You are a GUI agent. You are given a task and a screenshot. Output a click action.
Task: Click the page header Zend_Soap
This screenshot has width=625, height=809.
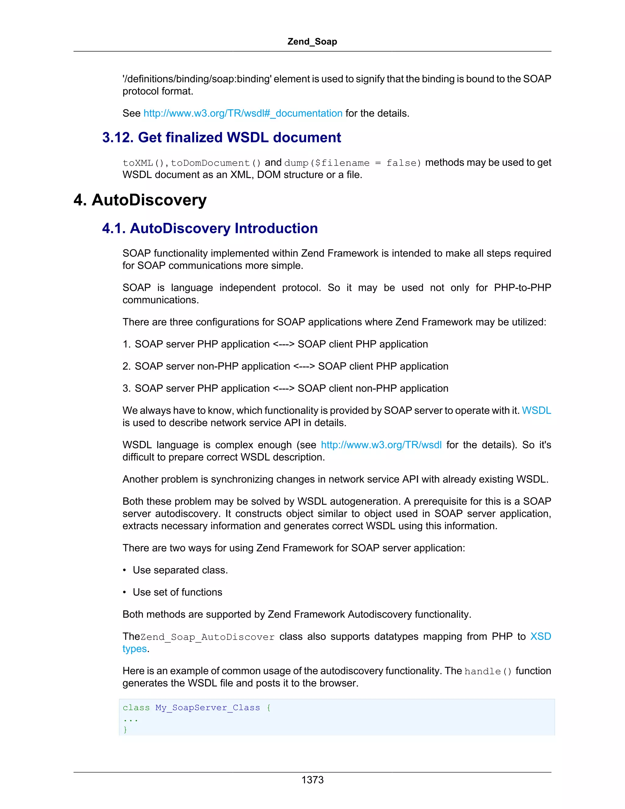pyautogui.click(x=312, y=42)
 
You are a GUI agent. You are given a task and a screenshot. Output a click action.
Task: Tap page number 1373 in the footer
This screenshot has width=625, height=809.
pyautogui.click(x=312, y=780)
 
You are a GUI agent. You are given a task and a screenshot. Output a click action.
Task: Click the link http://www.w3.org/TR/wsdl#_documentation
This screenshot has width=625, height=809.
pyautogui.click(x=243, y=113)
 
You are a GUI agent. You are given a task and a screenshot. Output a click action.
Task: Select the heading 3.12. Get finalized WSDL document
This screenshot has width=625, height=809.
pyautogui.click(x=222, y=137)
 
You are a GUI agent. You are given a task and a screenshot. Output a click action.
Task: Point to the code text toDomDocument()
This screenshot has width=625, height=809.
pyautogui.click(x=216, y=163)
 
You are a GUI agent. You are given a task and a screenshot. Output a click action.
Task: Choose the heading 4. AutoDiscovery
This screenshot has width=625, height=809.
pyautogui.click(x=140, y=200)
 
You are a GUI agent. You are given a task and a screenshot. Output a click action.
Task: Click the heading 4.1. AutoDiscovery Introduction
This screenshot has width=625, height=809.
pyautogui.click(x=210, y=229)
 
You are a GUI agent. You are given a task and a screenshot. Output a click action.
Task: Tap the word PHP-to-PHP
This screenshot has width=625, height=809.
pyautogui.click(x=522, y=288)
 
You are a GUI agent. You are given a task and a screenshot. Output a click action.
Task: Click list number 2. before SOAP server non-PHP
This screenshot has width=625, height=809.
pyautogui.click(x=126, y=366)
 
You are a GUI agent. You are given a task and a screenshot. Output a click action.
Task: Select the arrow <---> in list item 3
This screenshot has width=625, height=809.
pyautogui.click(x=283, y=389)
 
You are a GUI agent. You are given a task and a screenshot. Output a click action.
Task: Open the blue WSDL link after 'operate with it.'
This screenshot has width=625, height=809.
pyautogui.click(x=536, y=410)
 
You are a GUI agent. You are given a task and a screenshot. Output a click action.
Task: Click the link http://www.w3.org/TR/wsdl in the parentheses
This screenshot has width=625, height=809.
pyautogui.click(x=381, y=445)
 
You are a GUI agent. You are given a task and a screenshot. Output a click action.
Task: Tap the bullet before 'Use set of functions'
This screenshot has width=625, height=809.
pyautogui.click(x=125, y=593)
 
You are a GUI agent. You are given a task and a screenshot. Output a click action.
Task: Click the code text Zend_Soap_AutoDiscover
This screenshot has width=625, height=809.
pyautogui.click(x=208, y=637)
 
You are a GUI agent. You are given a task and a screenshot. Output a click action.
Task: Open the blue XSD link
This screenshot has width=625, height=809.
pyautogui.click(x=540, y=637)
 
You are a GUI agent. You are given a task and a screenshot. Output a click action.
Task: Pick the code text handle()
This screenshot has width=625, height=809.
pyautogui.click(x=488, y=672)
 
